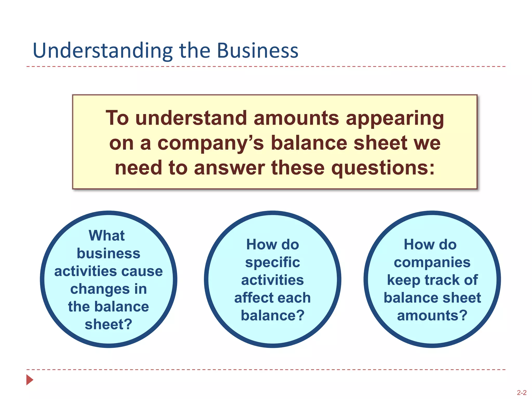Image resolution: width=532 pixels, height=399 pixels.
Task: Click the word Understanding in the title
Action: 103,51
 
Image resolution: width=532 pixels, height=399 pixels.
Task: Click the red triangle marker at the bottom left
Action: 30,380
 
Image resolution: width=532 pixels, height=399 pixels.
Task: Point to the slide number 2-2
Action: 521,393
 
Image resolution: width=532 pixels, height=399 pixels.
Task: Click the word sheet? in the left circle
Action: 108,324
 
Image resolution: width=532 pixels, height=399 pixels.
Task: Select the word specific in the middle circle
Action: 272,262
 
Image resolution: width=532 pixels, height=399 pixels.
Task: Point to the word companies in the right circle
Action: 432,262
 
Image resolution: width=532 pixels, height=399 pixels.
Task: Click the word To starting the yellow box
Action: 117,118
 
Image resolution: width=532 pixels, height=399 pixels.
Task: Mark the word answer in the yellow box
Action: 229,168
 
